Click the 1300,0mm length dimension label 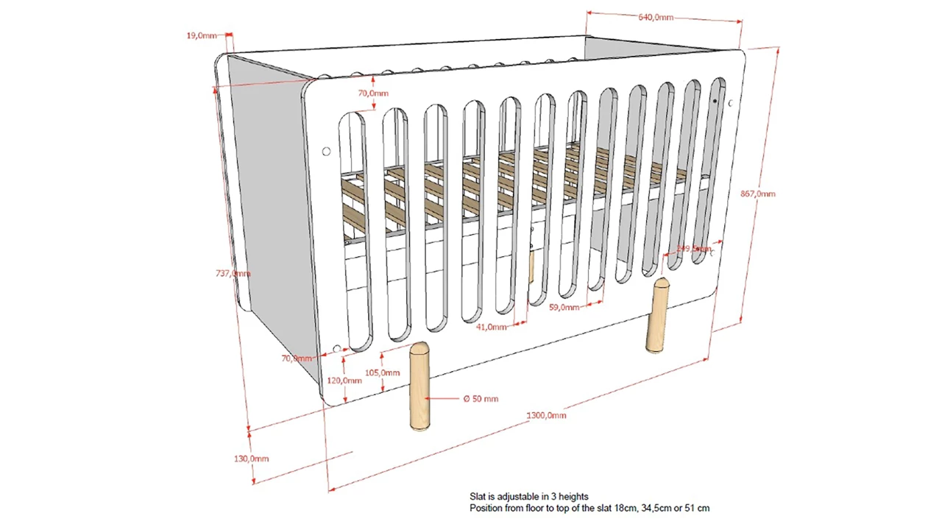pyautogui.click(x=546, y=415)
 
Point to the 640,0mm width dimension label pyautogui.click(x=656, y=18)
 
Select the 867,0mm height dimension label pyautogui.click(x=757, y=194)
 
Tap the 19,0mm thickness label pyautogui.click(x=202, y=35)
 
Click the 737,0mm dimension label pyautogui.click(x=233, y=273)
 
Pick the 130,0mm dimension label pyautogui.click(x=251, y=459)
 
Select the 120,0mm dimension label pyautogui.click(x=344, y=381)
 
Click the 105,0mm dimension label pyautogui.click(x=382, y=372)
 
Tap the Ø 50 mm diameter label pyautogui.click(x=481, y=399)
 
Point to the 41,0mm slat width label pyautogui.click(x=491, y=327)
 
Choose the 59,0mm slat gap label pyautogui.click(x=564, y=308)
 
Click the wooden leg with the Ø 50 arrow pyautogui.click(x=419, y=386)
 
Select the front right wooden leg pyautogui.click(x=657, y=315)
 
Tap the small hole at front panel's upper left pyautogui.click(x=326, y=152)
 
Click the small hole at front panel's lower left pyautogui.click(x=337, y=349)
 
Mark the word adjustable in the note pyautogui.click(x=517, y=497)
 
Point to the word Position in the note pyautogui.click(x=486, y=508)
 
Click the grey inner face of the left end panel pyautogui.click(x=269, y=191)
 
